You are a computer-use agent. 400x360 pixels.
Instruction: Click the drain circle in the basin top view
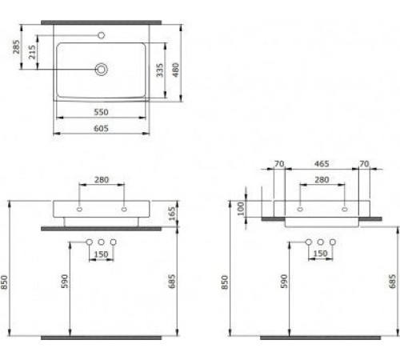click(102, 70)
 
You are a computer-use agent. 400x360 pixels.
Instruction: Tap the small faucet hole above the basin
click(102, 35)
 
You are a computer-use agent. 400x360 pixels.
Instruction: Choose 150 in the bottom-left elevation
click(102, 255)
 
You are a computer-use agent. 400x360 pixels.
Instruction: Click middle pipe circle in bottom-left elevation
click(101, 242)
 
